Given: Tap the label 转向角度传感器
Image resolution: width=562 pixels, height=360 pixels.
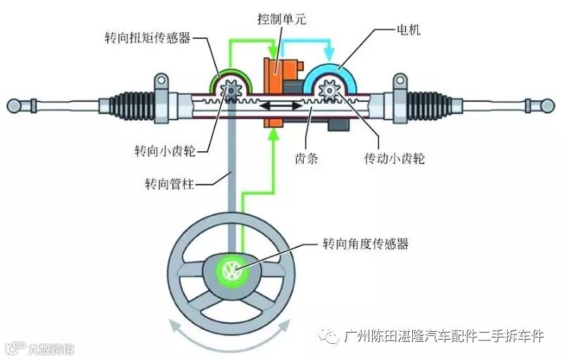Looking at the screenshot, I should (365, 244).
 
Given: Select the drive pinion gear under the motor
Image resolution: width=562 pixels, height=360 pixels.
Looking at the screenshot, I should (328, 91).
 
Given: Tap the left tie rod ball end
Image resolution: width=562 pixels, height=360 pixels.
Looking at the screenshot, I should (14, 106).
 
